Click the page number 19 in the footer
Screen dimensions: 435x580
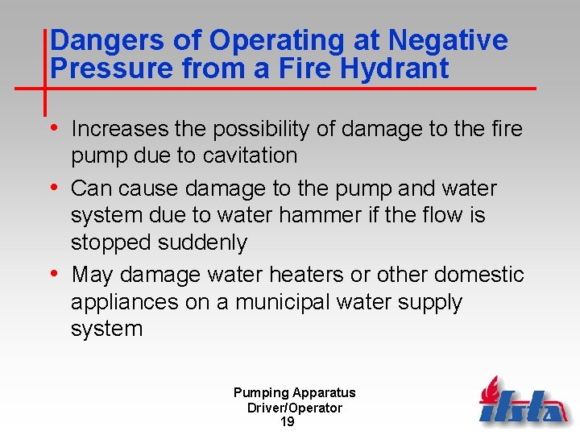point(287,422)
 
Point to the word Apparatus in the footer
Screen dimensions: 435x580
point(324,393)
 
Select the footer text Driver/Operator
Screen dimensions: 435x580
point(294,408)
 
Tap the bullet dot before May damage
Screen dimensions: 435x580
point(54,275)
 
